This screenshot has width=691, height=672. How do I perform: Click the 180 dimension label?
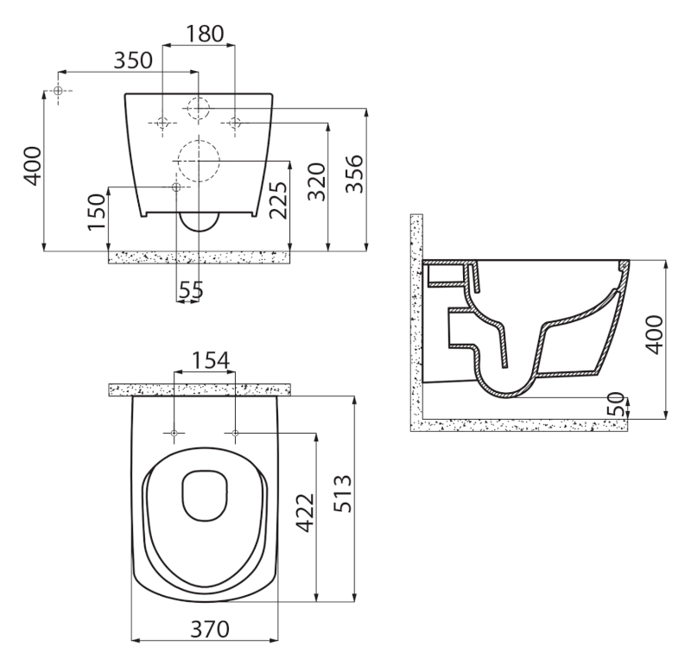[205, 34]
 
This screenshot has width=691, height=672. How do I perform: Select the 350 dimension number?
[133, 60]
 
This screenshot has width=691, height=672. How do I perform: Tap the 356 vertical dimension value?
[355, 174]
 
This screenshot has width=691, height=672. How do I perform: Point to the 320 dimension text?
[317, 182]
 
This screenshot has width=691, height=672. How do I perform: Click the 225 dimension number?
[278, 200]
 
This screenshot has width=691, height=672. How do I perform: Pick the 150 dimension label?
[97, 212]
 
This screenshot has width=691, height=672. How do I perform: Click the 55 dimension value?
[191, 290]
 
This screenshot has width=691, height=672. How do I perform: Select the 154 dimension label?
[211, 360]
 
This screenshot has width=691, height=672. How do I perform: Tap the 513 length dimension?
[343, 493]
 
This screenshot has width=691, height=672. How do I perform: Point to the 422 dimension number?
[305, 513]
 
